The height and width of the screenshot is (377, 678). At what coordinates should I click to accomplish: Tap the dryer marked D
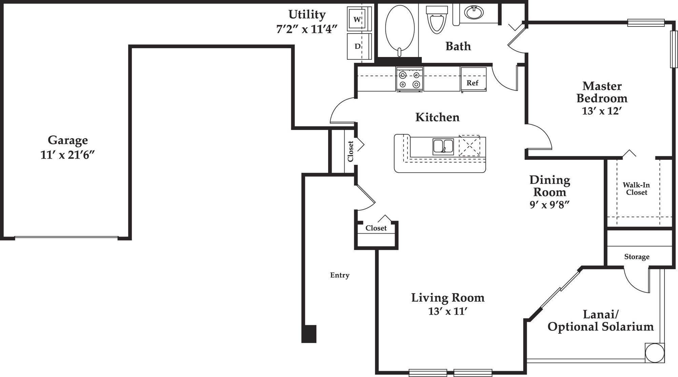tap(357, 46)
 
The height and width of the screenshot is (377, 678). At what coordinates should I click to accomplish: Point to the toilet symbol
tap(437, 20)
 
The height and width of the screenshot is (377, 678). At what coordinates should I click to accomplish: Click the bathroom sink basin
tap(474, 13)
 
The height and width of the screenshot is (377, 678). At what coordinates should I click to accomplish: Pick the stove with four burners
tap(410, 79)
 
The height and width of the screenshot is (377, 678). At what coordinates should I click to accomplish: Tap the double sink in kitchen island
tap(443, 147)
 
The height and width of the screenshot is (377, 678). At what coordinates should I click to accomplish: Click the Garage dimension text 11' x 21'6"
tap(67, 155)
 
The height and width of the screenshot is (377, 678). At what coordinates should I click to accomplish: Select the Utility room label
tap(307, 15)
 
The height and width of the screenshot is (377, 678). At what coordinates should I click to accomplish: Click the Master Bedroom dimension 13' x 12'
tap(602, 111)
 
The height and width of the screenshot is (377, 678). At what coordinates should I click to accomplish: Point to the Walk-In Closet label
tap(636, 189)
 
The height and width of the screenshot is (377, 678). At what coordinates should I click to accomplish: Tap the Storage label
tap(637, 257)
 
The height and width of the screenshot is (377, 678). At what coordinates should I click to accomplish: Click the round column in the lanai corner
tap(654, 353)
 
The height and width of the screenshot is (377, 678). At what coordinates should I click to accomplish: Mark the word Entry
tap(340, 275)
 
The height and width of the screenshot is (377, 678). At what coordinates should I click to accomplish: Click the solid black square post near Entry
tap(309, 334)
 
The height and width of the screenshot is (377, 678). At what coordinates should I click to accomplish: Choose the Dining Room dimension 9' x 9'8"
tap(549, 205)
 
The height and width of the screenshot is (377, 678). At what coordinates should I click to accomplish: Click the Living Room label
tap(447, 298)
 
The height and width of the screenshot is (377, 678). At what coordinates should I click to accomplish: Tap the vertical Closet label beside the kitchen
tap(351, 151)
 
